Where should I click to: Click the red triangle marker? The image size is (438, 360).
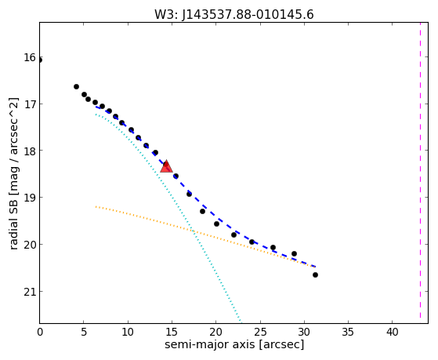click(x=166, y=167)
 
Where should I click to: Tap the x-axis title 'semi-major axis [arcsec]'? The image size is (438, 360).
click(x=234, y=344)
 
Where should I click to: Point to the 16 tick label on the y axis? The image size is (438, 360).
click(x=30, y=57)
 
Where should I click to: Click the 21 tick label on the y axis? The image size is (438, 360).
click(x=30, y=292)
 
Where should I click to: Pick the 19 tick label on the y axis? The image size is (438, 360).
click(x=30, y=198)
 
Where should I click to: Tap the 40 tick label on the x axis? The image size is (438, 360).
click(x=392, y=332)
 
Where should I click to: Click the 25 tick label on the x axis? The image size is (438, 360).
click(x=260, y=332)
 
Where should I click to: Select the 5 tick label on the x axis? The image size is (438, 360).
click(x=84, y=332)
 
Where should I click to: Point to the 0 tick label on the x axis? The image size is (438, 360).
click(x=40, y=332)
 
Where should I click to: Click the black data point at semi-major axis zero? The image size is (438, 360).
click(x=40, y=60)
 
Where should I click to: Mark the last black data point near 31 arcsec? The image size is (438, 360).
click(x=315, y=275)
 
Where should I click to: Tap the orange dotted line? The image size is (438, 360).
click(x=205, y=235)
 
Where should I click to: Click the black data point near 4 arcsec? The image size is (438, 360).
click(x=76, y=87)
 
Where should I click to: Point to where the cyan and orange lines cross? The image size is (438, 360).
click(x=193, y=231)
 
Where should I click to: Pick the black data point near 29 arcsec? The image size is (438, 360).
click(x=294, y=253)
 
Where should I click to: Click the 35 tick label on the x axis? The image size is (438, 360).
click(x=348, y=332)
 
